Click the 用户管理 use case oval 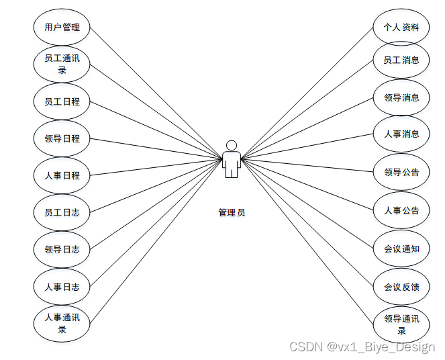(62, 28)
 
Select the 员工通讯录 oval (62, 64)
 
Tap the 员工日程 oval (62, 102)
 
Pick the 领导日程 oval (62, 139)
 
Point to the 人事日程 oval (62, 176)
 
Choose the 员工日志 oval (62, 213)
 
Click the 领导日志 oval (62, 250)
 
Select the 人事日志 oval (62, 287)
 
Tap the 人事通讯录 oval (62, 324)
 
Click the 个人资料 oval (401, 28)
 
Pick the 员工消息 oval (401, 60)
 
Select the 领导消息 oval (401, 98)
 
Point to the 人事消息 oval (401, 134)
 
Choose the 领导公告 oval (401, 173)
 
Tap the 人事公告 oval (401, 211)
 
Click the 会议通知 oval (401, 249)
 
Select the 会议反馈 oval (401, 287)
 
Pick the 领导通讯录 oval (401, 324)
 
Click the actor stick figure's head (232, 145)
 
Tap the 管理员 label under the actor (232, 213)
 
